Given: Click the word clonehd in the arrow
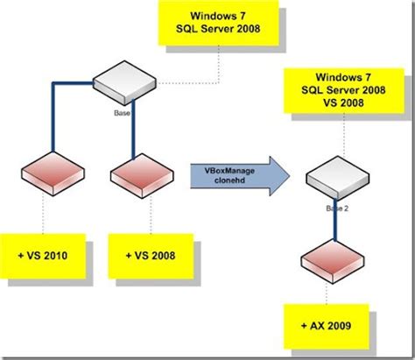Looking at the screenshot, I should [x=226, y=180].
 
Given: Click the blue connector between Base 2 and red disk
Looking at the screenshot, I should [x=335, y=229].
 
